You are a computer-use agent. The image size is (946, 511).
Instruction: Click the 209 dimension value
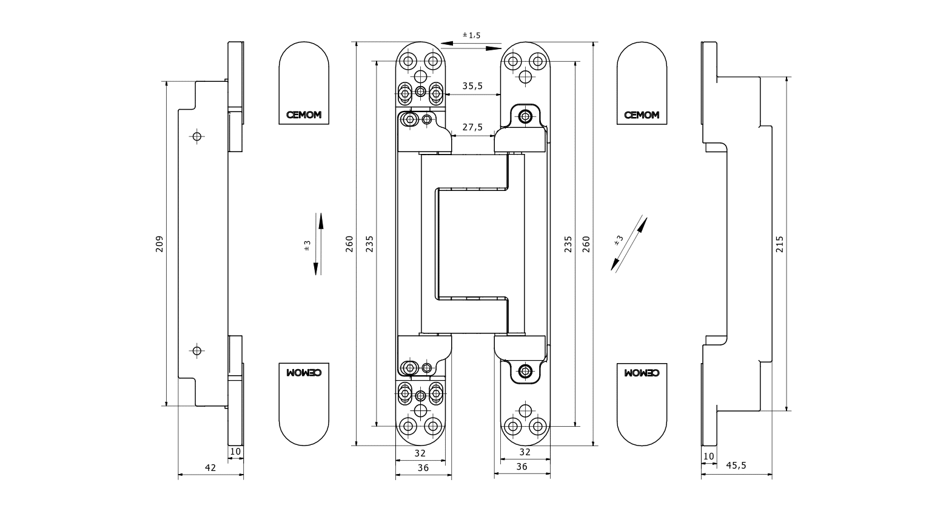[x=159, y=244]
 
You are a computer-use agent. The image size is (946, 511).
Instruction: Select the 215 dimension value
[x=780, y=244]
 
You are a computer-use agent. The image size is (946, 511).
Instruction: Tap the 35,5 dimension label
[x=472, y=86]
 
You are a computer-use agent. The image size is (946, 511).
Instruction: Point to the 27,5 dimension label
[x=472, y=127]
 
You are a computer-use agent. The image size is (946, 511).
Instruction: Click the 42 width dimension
[x=210, y=467]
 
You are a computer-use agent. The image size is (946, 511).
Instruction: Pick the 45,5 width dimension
[x=736, y=465]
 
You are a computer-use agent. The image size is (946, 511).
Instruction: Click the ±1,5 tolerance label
[x=471, y=35]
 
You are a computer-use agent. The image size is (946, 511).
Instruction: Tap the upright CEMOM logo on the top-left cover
[x=304, y=115]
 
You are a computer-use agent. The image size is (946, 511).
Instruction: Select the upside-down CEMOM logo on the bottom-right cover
[x=642, y=373]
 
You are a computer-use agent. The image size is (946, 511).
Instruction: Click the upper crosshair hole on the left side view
[x=196, y=136]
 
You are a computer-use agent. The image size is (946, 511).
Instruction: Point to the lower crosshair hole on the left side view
[x=196, y=350]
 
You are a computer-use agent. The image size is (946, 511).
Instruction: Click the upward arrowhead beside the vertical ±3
[x=321, y=219]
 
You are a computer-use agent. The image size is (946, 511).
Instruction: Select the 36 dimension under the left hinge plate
[x=423, y=467]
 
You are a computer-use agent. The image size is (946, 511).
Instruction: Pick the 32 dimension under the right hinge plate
[x=525, y=452]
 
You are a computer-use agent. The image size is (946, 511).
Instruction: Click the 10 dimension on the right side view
[x=708, y=456]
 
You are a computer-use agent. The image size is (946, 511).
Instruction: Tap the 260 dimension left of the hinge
[x=350, y=244]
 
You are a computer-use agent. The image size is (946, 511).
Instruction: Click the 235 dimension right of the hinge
[x=568, y=244]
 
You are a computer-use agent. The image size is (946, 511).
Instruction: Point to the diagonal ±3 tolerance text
[x=619, y=240]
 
